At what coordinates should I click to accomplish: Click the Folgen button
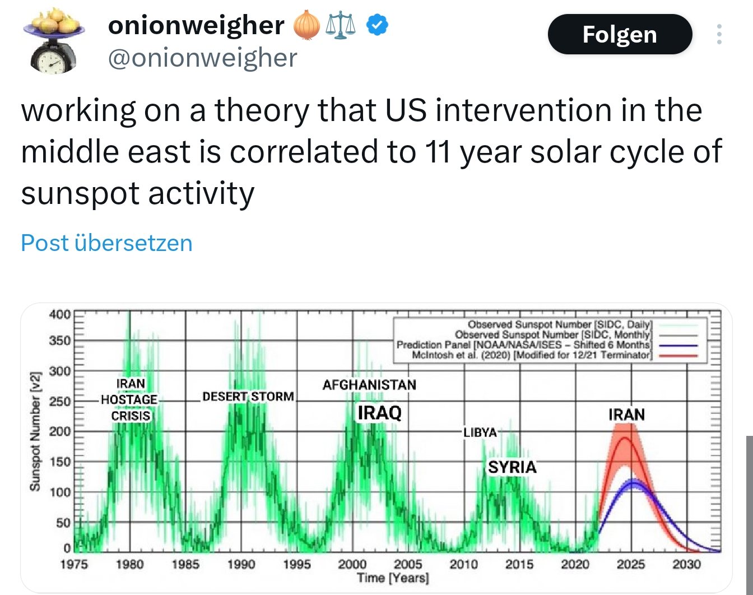[x=620, y=35]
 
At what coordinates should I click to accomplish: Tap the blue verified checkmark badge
[x=377, y=25]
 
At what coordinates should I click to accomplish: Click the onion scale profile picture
[x=54, y=40]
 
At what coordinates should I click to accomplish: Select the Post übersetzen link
[x=106, y=243]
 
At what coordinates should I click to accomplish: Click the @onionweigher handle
[x=202, y=58]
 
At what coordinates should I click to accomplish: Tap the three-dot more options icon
[x=719, y=35]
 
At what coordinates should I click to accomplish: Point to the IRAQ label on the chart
[x=379, y=413]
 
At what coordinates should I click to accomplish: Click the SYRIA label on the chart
[x=512, y=467]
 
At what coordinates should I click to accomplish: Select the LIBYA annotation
[x=480, y=433]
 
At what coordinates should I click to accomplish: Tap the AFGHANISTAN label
[x=369, y=385]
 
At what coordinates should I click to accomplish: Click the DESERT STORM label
[x=248, y=397]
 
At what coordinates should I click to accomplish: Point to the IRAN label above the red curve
[x=626, y=415]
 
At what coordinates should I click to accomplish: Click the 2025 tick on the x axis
[x=631, y=564]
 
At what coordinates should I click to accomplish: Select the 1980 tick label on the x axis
[x=129, y=564]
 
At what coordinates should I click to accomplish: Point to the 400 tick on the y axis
[x=59, y=314]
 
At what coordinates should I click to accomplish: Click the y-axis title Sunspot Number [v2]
[x=35, y=431]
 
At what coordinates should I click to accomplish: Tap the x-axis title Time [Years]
[x=393, y=578]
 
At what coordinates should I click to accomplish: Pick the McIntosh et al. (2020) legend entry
[x=531, y=355]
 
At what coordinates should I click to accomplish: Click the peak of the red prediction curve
[x=624, y=438]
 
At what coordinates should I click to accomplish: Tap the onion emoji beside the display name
[x=306, y=26]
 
